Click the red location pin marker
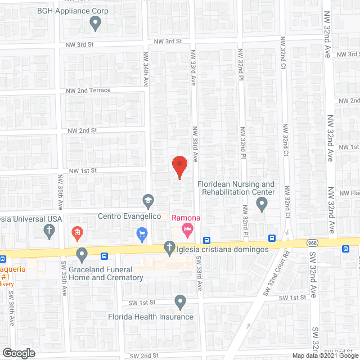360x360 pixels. pyautogui.click(x=179, y=166)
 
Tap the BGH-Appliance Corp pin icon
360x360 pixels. pyautogui.click(x=95, y=23)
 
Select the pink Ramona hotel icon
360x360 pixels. pyautogui.click(x=187, y=229)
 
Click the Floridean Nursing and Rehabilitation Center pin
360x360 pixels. pyautogui.click(x=261, y=205)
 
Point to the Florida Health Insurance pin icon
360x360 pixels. pyautogui.click(x=180, y=302)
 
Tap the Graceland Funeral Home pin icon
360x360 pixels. pyautogui.click(x=82, y=255)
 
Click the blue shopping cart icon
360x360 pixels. pyautogui.click(x=142, y=232)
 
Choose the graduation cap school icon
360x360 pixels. pyautogui.click(x=147, y=200)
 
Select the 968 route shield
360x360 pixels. pyautogui.click(x=313, y=242)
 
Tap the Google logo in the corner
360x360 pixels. pyautogui.click(x=18, y=353)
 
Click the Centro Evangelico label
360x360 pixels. pyautogui.click(x=129, y=217)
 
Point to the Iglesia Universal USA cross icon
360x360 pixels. pyautogui.click(x=49, y=230)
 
